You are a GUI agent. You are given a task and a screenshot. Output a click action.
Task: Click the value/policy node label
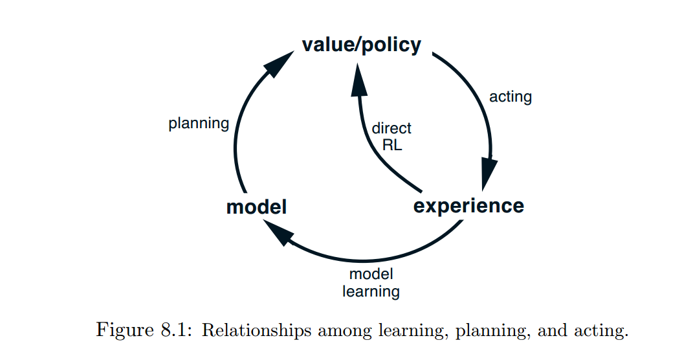click(x=362, y=45)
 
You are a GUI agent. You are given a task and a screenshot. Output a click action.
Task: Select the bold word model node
click(x=256, y=207)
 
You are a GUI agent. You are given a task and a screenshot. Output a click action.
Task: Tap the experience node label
click(x=468, y=207)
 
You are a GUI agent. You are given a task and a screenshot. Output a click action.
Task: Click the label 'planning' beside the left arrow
click(x=199, y=124)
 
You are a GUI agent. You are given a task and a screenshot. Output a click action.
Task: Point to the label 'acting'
click(x=511, y=97)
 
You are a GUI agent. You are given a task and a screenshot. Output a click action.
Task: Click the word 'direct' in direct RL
click(x=391, y=128)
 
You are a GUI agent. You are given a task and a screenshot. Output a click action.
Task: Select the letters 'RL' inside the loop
click(x=393, y=145)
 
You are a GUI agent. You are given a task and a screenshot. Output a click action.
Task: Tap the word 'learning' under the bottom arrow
click(x=371, y=292)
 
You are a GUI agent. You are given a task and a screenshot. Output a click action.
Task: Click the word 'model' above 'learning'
click(x=371, y=274)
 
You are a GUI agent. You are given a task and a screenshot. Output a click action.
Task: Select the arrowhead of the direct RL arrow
click(x=358, y=79)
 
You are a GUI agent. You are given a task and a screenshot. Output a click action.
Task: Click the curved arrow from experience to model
click(x=362, y=260)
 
